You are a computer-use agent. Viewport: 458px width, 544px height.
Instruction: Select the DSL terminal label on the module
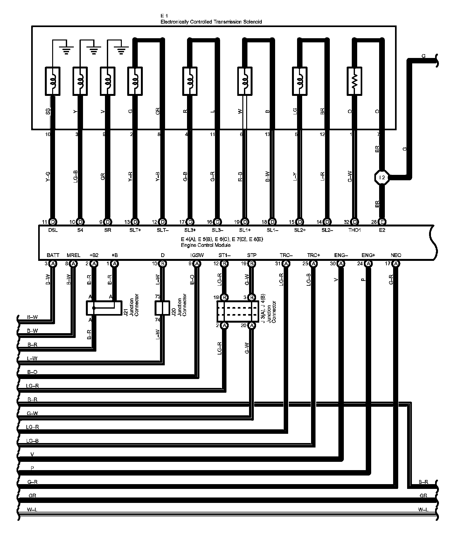pyautogui.click(x=53, y=230)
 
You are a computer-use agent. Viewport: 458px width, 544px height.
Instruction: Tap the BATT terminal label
pyautogui.click(x=53, y=255)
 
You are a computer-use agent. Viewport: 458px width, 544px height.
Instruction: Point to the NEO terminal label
pyautogui.click(x=396, y=255)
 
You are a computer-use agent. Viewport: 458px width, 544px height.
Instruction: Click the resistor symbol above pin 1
pyautogui.click(x=355, y=81)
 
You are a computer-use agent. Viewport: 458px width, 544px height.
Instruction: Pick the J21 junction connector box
pyautogui.click(x=104, y=308)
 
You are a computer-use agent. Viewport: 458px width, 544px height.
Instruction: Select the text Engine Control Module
pyautogui.click(x=205, y=245)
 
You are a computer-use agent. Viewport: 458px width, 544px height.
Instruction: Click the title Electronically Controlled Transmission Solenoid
pyautogui.click(x=211, y=22)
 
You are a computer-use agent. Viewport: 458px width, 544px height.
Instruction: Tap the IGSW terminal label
pyautogui.click(x=197, y=255)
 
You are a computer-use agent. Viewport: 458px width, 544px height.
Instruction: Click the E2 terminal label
pyautogui.click(x=382, y=230)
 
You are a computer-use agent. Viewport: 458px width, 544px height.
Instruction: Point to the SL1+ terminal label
pyautogui.click(x=245, y=230)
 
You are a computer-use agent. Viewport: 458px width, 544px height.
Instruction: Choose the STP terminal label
pyautogui.click(x=252, y=255)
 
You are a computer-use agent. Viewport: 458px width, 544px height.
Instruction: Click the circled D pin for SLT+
pyautogui.click(x=135, y=222)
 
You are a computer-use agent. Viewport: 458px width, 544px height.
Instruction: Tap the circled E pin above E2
pyautogui.click(x=382, y=222)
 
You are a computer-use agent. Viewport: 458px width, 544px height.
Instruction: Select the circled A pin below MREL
pyautogui.click(x=73, y=264)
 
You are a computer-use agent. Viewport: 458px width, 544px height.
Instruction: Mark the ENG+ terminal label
pyautogui.click(x=368, y=255)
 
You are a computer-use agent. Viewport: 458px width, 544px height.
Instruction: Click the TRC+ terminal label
pyautogui.click(x=314, y=255)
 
